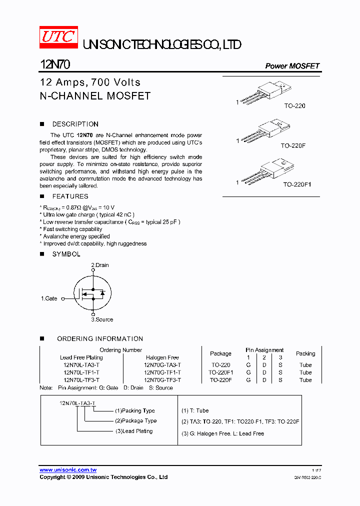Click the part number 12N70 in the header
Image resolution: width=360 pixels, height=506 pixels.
coord(55,65)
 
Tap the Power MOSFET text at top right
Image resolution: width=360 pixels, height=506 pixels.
coord(292,66)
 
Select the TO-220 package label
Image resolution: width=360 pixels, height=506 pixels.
coord(294,106)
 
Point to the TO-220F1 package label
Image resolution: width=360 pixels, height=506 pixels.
coord(297,184)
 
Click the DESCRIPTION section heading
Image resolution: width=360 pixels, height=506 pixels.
coord(75,124)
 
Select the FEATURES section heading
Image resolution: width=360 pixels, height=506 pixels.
coord(70,196)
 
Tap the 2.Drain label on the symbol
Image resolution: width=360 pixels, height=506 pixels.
coord(100,265)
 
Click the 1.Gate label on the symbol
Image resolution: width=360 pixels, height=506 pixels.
coord(49,298)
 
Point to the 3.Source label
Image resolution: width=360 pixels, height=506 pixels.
coord(102,319)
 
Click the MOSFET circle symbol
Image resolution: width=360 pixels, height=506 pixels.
coord(92,293)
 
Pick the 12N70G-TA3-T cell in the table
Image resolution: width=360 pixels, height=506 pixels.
coord(162,365)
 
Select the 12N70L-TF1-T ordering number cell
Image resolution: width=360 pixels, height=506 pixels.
coord(81,372)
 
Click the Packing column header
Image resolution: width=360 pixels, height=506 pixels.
coord(305,353)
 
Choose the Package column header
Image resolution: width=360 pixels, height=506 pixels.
coord(220,353)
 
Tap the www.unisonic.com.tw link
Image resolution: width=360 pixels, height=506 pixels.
coord(68,470)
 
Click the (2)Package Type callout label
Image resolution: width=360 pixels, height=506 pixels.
coord(135,421)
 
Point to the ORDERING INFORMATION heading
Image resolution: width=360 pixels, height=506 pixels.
coord(100,338)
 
